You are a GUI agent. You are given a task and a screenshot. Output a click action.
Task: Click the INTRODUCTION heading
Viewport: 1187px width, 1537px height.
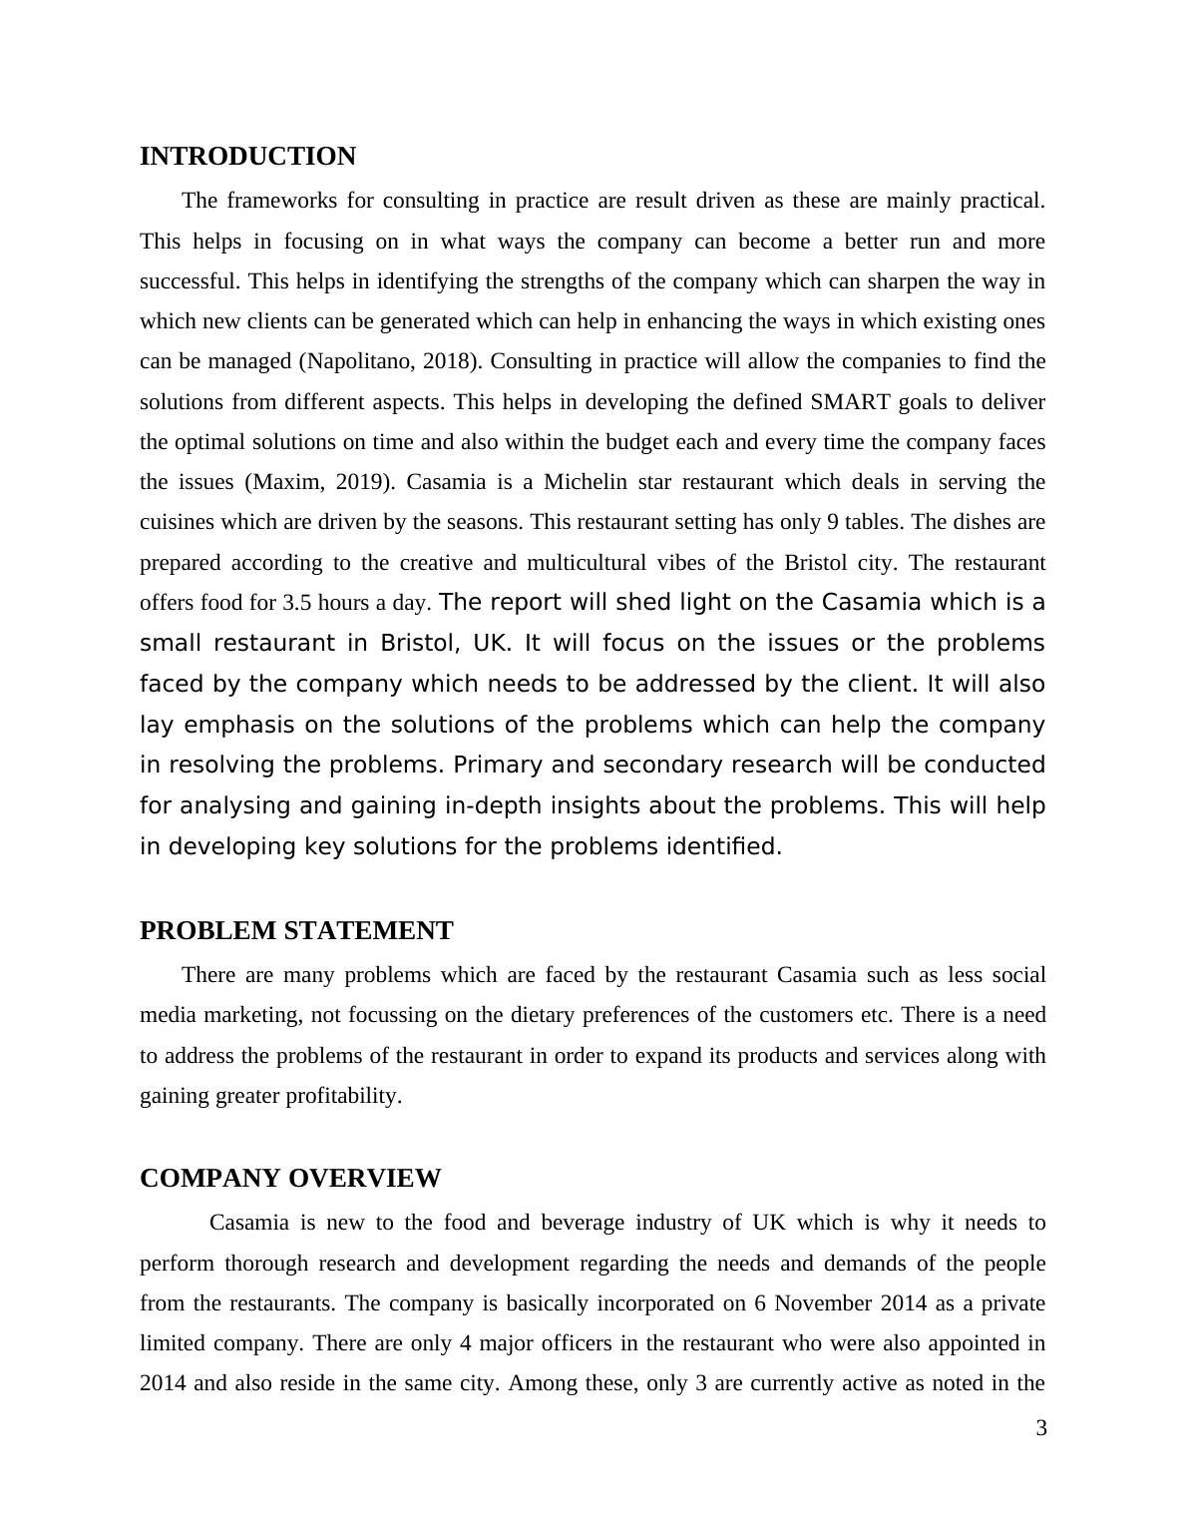click(x=247, y=157)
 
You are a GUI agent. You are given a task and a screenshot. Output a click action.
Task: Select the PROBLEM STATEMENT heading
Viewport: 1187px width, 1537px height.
click(x=296, y=931)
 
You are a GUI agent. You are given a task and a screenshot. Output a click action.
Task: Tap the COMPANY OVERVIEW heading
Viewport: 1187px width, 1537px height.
click(x=290, y=1179)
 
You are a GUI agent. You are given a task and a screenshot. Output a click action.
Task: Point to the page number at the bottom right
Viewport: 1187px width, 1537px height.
click(x=1041, y=1429)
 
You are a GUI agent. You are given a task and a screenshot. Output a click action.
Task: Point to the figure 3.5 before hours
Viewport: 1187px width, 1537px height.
click(x=296, y=604)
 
